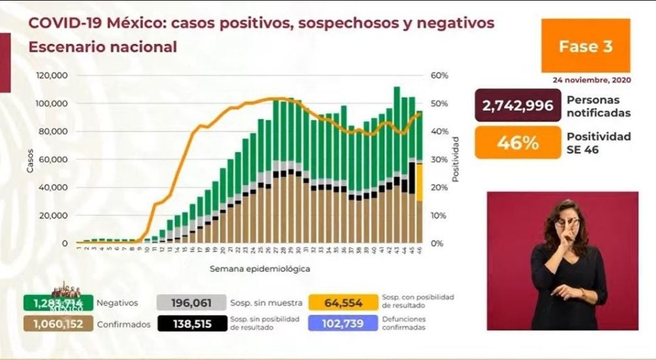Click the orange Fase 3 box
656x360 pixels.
[x=585, y=46]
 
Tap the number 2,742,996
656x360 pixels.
[x=518, y=106]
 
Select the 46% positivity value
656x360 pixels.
[x=518, y=142]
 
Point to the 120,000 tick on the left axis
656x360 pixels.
[x=52, y=76]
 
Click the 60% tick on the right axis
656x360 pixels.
[x=440, y=76]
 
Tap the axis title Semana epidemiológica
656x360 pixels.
[x=259, y=269]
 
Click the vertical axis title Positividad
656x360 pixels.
[x=455, y=159]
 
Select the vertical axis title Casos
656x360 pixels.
[x=29, y=159]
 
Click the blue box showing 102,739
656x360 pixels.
[x=344, y=323]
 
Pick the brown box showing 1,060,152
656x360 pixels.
[x=56, y=323]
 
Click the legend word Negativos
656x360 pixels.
[x=118, y=303]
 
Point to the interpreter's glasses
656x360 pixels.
[x=565, y=223]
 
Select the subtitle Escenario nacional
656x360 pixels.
[x=102, y=47]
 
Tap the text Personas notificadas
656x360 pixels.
[x=599, y=106]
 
